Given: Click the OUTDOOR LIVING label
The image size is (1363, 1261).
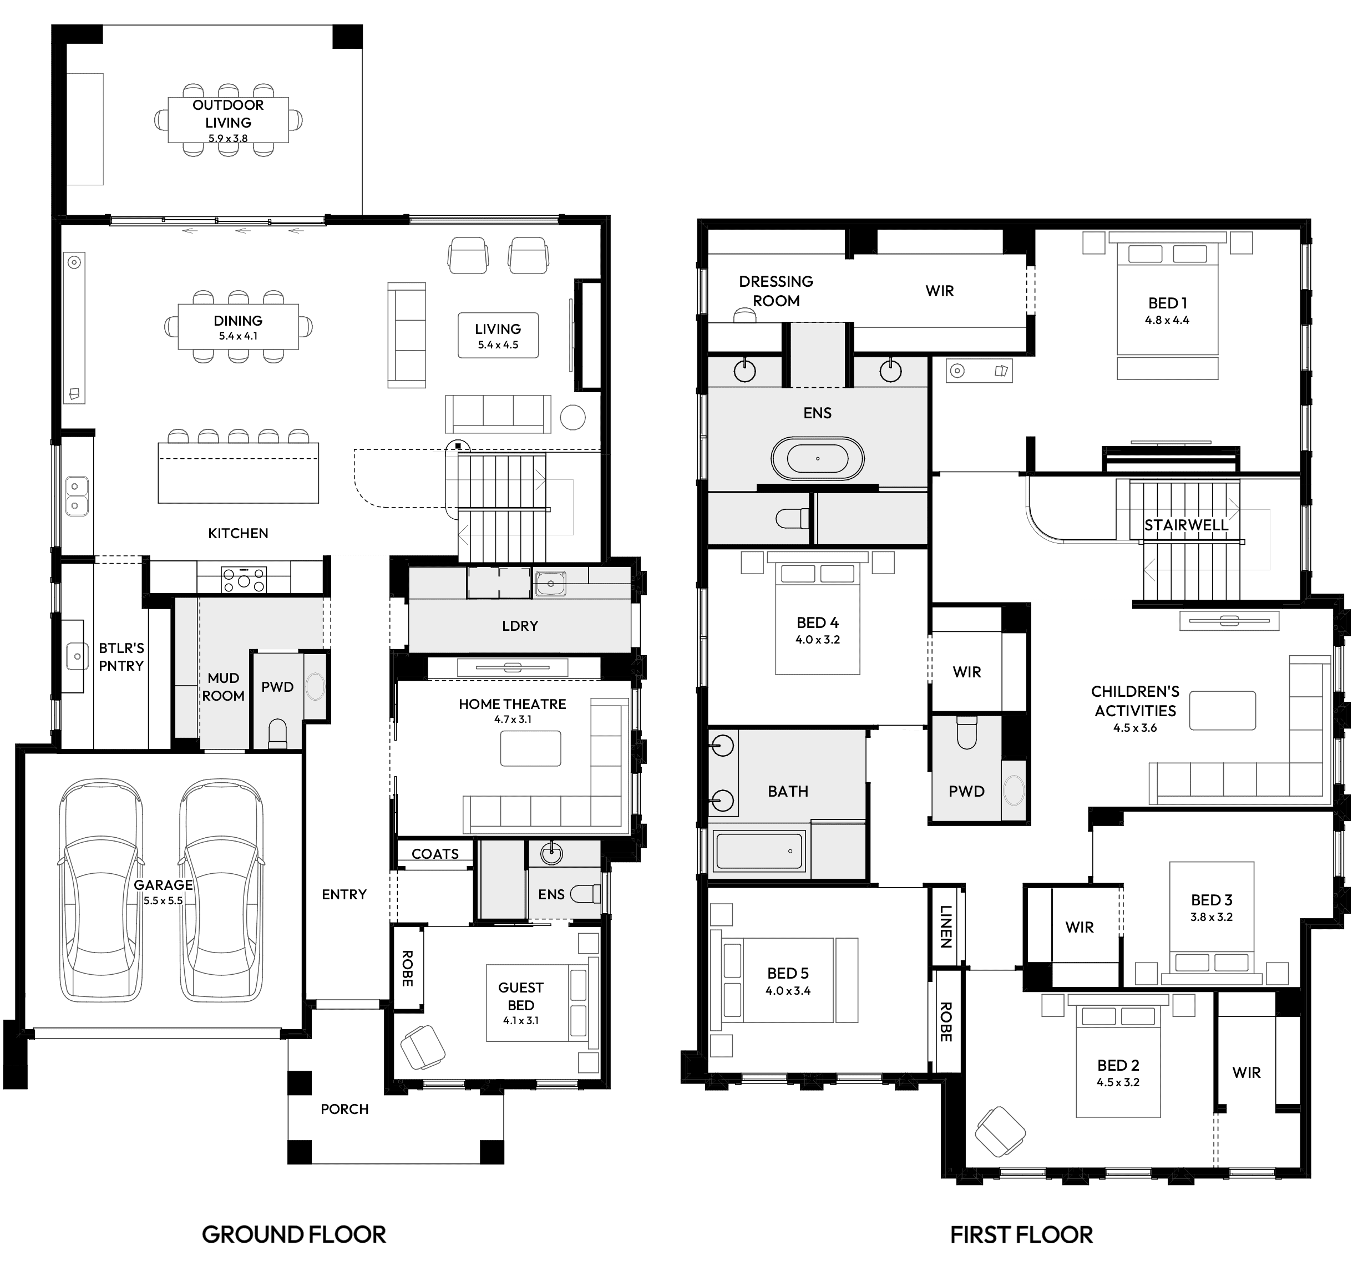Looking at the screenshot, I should click(228, 113).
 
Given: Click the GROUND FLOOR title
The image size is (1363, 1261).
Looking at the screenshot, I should click(293, 1234).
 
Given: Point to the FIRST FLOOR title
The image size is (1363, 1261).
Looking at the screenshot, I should click(1021, 1234).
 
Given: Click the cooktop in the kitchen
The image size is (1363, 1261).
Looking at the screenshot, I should click(244, 580).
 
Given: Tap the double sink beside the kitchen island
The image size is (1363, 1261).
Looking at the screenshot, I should click(77, 496).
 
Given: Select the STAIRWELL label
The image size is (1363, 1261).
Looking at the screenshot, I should click(1185, 525).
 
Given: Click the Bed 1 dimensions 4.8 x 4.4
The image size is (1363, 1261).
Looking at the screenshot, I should click(1167, 320).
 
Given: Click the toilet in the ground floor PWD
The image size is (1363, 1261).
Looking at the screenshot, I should click(277, 733).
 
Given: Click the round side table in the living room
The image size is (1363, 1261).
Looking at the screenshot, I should click(572, 417).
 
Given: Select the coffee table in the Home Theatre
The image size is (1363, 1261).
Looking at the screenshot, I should click(530, 748).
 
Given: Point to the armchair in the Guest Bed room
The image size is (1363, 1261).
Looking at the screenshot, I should click(423, 1047).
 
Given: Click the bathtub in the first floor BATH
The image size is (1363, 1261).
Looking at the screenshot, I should click(759, 850).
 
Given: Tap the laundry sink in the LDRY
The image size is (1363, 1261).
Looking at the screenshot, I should click(549, 583).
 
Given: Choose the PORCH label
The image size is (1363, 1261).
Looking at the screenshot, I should click(344, 1109).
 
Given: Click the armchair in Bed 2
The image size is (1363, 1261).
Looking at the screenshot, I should click(1000, 1132).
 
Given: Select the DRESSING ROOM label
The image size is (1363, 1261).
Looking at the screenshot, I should click(776, 291).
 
